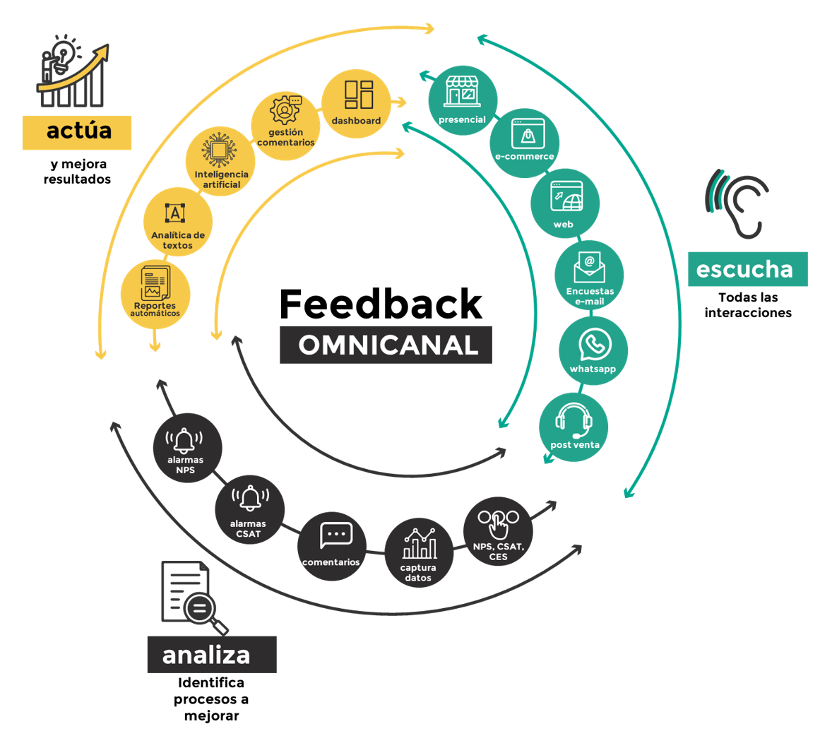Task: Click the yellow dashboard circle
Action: [356, 103]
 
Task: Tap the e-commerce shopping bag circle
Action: [525, 142]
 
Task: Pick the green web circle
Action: [565, 203]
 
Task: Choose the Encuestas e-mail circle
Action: [589, 275]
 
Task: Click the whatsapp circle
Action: [593, 350]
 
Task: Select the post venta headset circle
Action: [574, 427]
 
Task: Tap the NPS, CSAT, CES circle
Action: [498, 531]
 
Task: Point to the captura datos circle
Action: [419, 552]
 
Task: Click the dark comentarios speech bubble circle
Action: [332, 546]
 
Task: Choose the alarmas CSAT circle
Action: [249, 510]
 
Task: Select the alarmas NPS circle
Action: [187, 448]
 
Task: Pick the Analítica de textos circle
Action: [177, 222]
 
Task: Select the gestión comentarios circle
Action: [285, 125]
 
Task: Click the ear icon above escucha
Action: [738, 203]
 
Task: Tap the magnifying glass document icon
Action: [193, 598]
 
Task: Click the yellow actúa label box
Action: [77, 132]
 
